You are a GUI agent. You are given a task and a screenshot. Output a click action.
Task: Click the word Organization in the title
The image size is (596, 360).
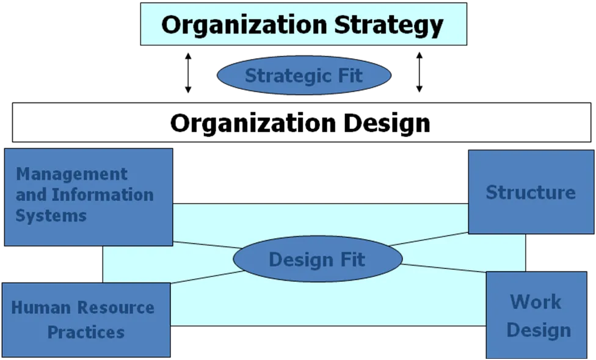[245, 25]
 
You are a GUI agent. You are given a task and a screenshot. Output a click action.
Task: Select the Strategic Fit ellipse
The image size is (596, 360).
[303, 76]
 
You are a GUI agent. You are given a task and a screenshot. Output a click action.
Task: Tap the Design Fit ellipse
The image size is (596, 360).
[317, 259]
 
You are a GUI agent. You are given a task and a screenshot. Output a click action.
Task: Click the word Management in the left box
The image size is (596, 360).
[72, 174]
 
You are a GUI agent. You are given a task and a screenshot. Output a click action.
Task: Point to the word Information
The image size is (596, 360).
[103, 195]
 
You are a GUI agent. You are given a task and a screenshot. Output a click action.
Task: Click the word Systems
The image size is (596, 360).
[51, 215]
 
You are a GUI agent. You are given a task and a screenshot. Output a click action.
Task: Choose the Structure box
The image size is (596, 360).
[530, 192]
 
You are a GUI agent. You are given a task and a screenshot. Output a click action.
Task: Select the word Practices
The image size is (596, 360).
[86, 333]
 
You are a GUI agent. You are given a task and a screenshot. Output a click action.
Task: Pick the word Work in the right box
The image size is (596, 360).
[536, 301]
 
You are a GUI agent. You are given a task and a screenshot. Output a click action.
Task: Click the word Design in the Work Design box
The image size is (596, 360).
[539, 330]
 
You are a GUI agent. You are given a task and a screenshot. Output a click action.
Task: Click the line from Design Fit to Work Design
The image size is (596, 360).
[444, 268]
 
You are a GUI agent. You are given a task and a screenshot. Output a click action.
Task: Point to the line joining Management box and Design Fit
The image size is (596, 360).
[205, 245]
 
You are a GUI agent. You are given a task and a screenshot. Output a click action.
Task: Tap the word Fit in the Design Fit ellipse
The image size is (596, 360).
[353, 259]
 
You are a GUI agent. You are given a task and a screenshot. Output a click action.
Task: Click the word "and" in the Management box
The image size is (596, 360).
[32, 195]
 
